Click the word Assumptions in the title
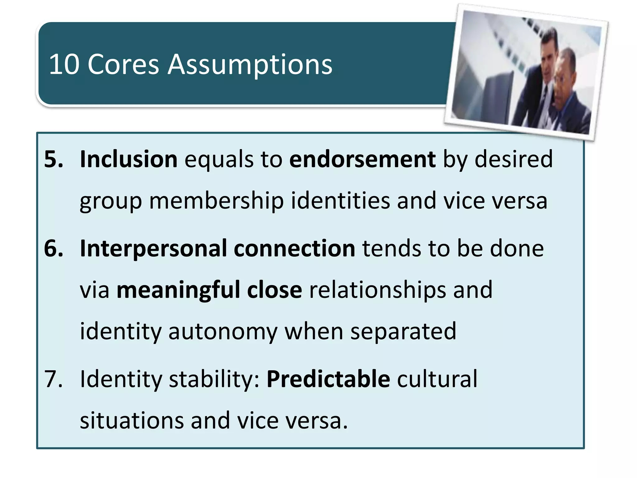(250, 65)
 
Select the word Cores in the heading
(123, 64)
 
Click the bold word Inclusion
(128, 159)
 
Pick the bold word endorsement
(362, 159)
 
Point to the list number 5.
(53, 159)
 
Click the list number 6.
(53, 249)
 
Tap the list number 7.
(53, 379)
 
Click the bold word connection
(294, 249)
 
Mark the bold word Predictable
(328, 379)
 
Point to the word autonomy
(223, 331)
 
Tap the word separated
(403, 331)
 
